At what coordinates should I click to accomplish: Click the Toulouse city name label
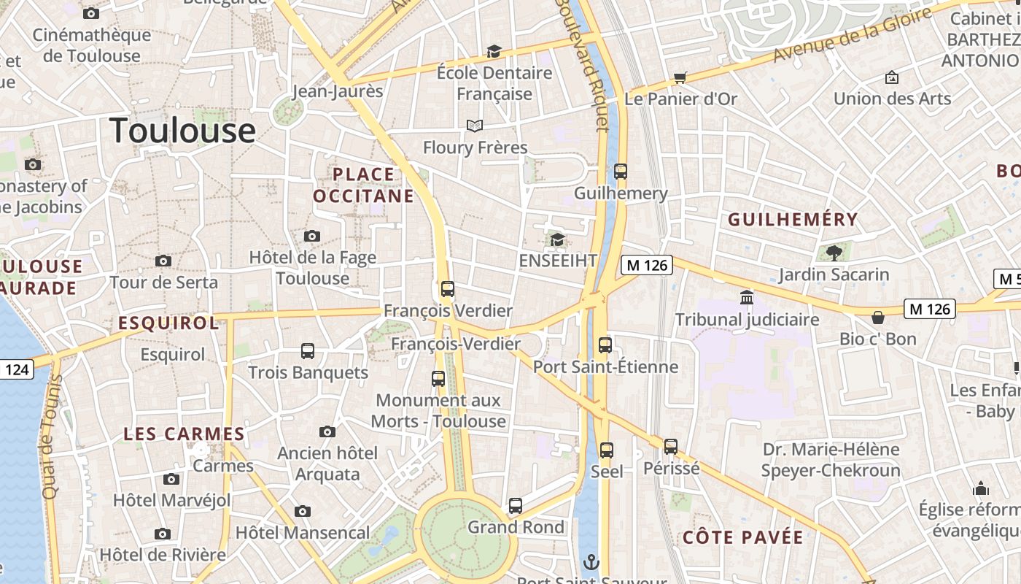[x=182, y=131]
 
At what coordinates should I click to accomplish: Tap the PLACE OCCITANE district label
[x=363, y=185]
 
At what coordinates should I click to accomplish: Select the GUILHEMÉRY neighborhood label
[x=793, y=219]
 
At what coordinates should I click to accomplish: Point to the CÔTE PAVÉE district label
[x=743, y=538]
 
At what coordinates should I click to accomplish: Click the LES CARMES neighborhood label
[x=174, y=434]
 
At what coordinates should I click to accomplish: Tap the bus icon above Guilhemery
[x=620, y=172]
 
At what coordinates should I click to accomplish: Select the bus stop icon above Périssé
[x=671, y=446]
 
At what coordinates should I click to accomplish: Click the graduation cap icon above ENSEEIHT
[x=557, y=239]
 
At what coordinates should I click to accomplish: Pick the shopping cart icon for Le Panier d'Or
[x=680, y=77]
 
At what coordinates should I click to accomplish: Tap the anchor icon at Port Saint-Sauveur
[x=591, y=562]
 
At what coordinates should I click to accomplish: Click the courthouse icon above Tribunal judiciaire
[x=747, y=298]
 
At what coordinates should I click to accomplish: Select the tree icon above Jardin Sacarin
[x=834, y=253]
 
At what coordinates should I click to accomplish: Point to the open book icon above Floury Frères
[x=475, y=126]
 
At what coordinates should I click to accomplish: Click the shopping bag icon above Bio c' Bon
[x=878, y=318]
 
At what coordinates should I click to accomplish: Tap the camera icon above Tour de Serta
[x=163, y=261]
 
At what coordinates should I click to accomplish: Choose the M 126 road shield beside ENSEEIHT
[x=647, y=265]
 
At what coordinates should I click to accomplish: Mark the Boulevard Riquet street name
[x=581, y=66]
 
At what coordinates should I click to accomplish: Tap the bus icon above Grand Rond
[x=516, y=505]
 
